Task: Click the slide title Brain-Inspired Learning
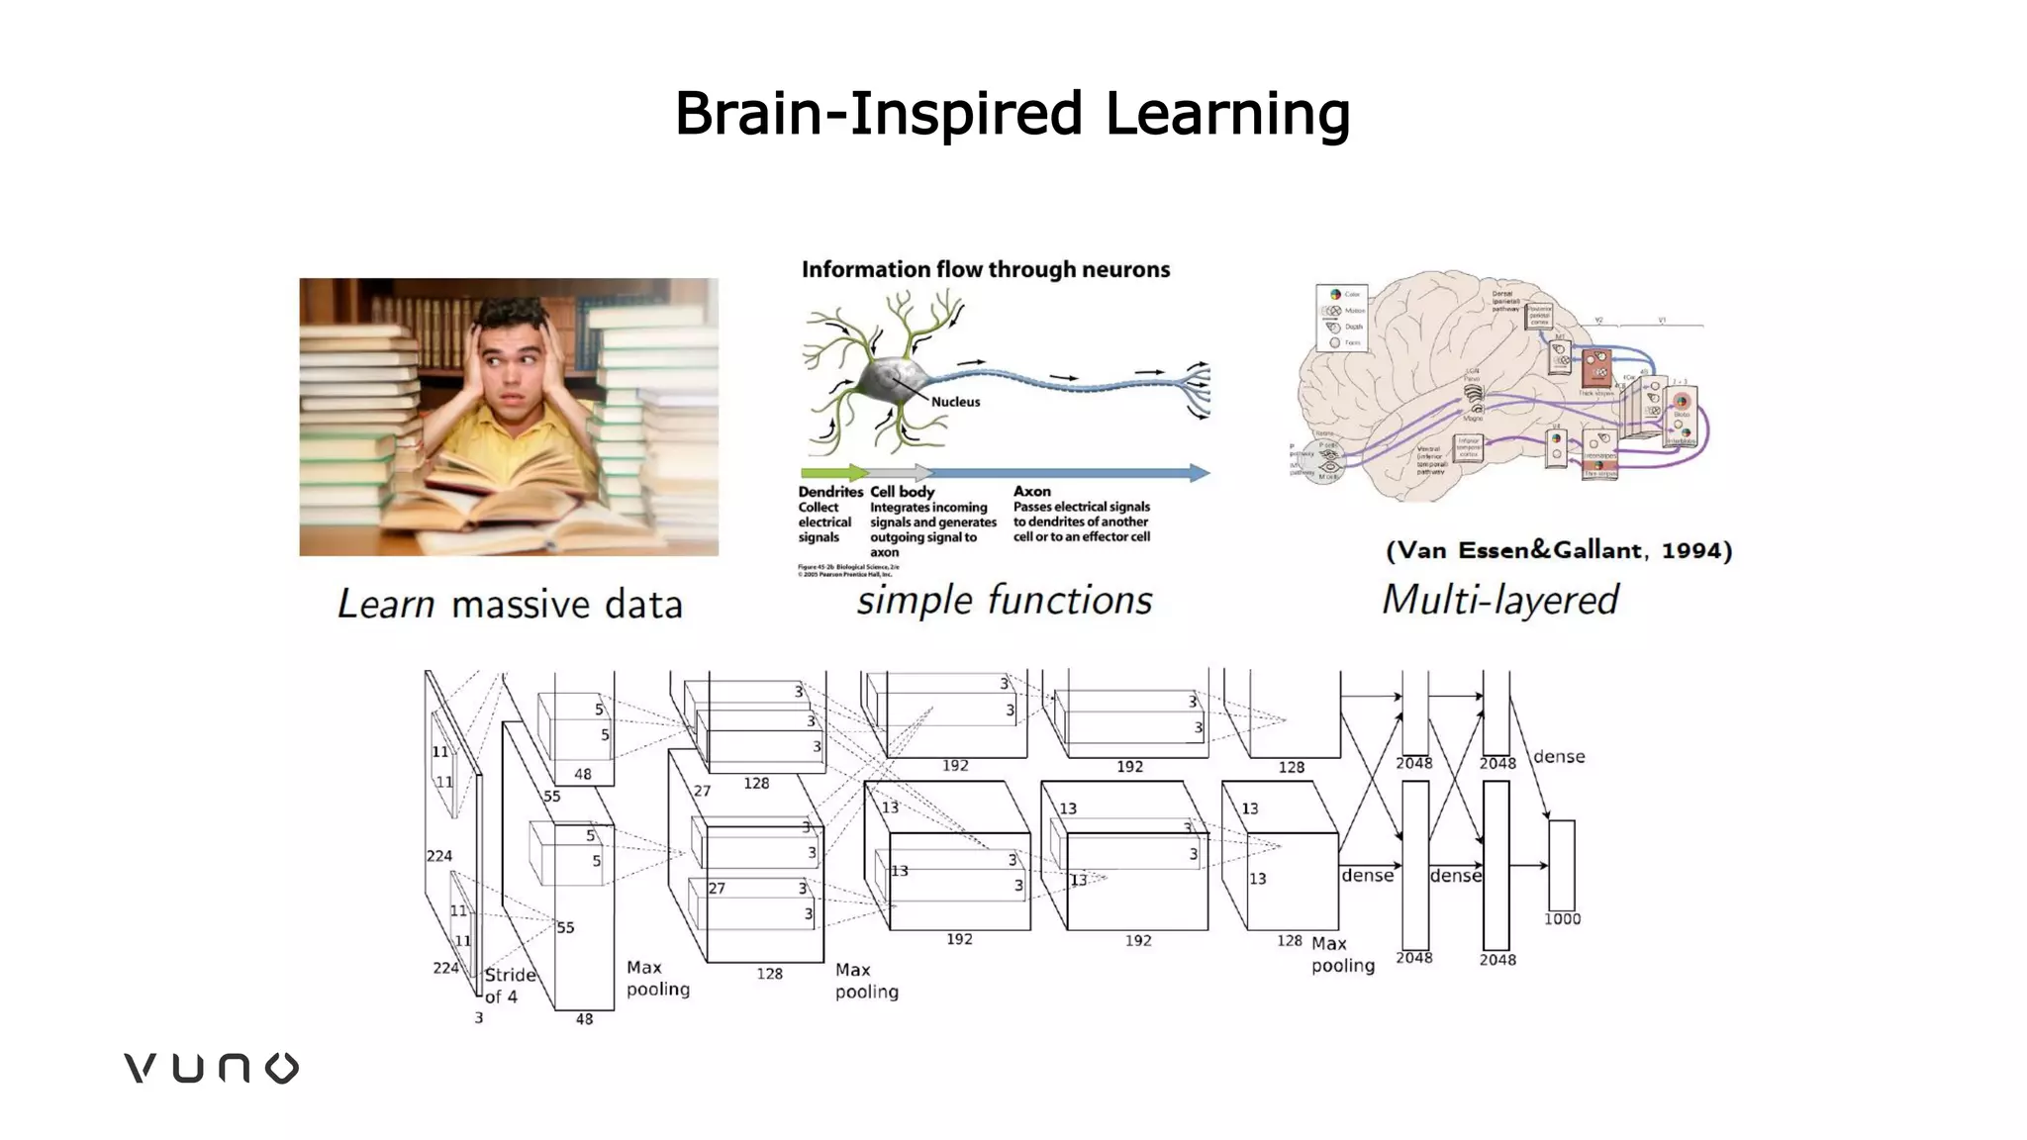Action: (1012, 113)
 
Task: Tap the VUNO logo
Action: (211, 1068)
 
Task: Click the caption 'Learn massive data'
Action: (510, 604)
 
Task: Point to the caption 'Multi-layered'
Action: (1499, 600)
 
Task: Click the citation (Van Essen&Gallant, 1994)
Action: (1559, 550)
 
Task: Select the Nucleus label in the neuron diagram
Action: (955, 402)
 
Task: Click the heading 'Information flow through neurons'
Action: (985, 269)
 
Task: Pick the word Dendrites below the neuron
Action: (830, 492)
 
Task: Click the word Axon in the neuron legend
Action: (1031, 491)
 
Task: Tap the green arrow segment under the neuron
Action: (831, 473)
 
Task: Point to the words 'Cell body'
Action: (902, 492)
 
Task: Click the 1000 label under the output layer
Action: (1562, 919)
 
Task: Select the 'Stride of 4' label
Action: (509, 985)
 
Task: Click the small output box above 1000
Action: (1561, 864)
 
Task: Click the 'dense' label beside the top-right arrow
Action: (1559, 757)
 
